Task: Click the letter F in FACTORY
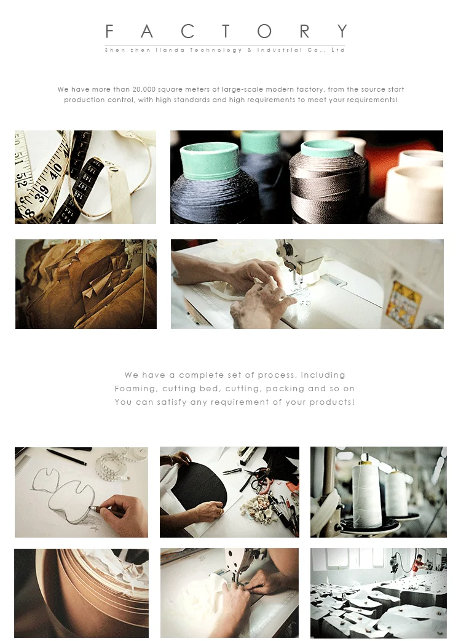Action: [x=109, y=31]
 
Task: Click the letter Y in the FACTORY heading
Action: [x=342, y=31]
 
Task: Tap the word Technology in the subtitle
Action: [x=216, y=50]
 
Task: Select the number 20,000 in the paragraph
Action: [x=143, y=89]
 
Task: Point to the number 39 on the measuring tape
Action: [x=42, y=191]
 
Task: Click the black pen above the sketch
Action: [x=66, y=456]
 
